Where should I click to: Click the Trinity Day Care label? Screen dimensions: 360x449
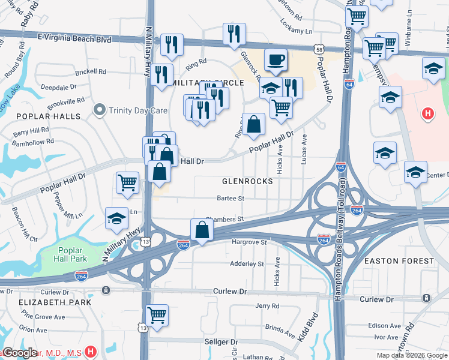(132, 110)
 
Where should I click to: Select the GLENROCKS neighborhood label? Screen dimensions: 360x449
(247, 181)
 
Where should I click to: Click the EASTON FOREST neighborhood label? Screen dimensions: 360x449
(399, 261)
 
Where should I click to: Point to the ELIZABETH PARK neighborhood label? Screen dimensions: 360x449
(55, 302)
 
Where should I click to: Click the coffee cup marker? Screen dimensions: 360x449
(276, 60)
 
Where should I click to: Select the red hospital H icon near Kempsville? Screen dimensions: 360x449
(427, 113)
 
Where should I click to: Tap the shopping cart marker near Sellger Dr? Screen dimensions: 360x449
(157, 314)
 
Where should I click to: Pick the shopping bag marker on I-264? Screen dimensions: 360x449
(202, 229)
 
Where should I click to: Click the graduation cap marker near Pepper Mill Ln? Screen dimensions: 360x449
(116, 218)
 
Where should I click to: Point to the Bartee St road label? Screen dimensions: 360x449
(230, 198)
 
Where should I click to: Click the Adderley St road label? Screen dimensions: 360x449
(247, 263)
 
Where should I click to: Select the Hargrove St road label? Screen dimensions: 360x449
(249, 242)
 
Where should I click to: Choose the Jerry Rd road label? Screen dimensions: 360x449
(267, 306)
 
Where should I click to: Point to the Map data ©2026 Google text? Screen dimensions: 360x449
(411, 355)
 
